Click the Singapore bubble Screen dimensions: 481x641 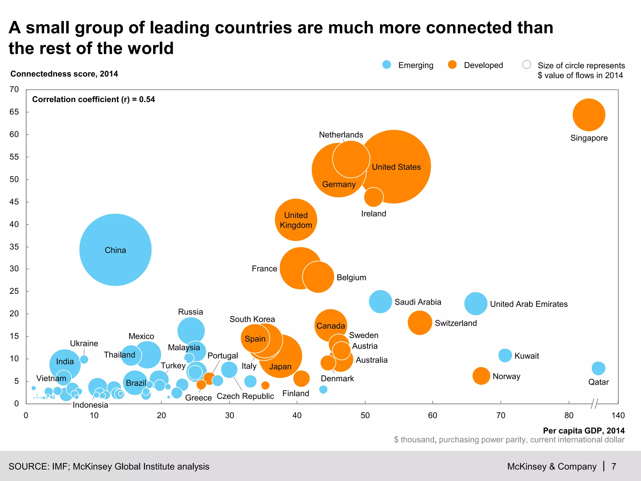click(589, 115)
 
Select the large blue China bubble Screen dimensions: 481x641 click(115, 250)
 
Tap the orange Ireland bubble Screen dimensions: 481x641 click(374, 197)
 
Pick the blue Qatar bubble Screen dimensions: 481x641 click(598, 368)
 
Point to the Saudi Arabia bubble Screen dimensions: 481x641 click(380, 302)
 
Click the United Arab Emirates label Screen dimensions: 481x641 click(529, 304)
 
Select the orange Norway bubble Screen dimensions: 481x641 click(481, 376)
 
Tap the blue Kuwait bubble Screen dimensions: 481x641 click(505, 355)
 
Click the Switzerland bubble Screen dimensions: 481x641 click(420, 323)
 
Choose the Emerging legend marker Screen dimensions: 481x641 click(387, 65)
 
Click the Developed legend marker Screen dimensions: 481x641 click(452, 65)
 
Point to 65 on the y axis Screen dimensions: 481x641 click(14, 112)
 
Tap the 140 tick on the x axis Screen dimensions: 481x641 click(618, 416)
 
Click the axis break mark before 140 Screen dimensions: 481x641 click(594, 404)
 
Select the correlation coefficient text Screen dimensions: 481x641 click(94, 100)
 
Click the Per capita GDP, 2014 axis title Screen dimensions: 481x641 click(583, 431)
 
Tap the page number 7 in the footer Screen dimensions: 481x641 click(614, 467)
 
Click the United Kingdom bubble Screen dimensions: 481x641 click(296, 220)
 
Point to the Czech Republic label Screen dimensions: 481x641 click(245, 396)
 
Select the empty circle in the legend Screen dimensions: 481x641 click(527, 65)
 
